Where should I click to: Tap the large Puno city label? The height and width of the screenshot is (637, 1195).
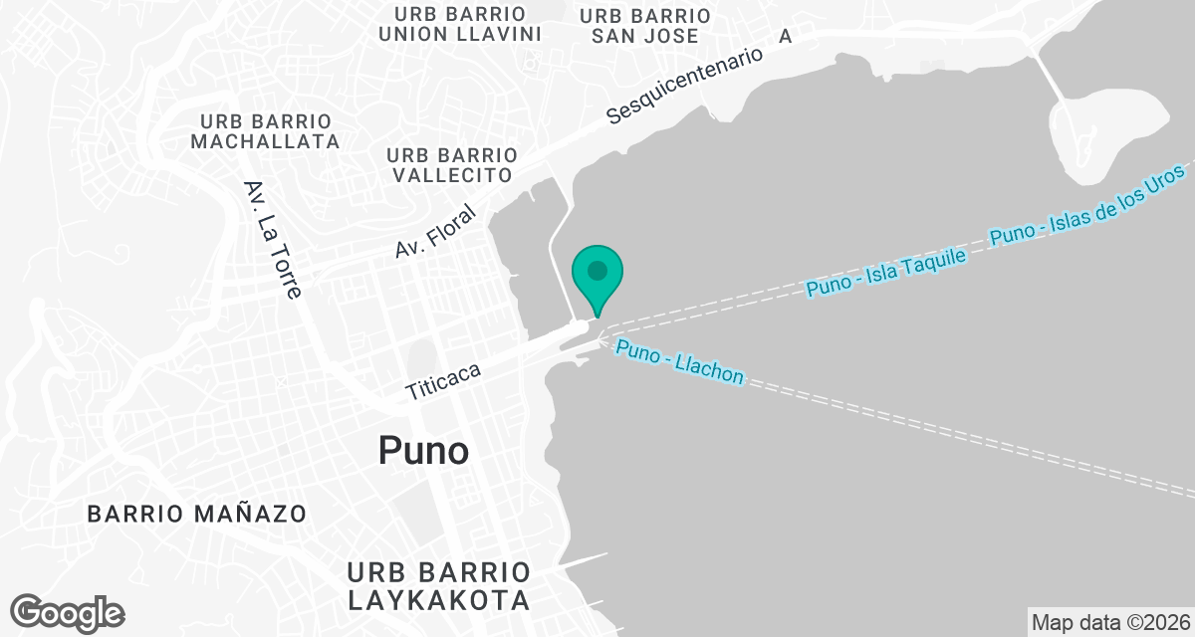[423, 451]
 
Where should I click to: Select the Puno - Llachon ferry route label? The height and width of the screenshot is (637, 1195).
[679, 362]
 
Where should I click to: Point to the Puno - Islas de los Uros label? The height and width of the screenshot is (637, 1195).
[1090, 205]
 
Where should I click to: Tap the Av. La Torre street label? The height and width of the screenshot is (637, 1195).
[272, 240]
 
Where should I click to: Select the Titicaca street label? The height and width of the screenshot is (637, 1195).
[444, 382]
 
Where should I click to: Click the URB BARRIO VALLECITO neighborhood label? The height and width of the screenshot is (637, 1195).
[452, 165]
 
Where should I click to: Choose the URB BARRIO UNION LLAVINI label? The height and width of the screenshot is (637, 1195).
[460, 24]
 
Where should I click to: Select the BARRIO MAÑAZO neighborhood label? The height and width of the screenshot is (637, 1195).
[197, 515]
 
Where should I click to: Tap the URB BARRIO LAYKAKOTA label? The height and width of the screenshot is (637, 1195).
[438, 586]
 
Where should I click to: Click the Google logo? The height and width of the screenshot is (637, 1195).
[68, 612]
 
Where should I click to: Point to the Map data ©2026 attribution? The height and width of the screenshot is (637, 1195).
[1109, 622]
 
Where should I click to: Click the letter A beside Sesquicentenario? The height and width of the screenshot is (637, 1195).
[785, 36]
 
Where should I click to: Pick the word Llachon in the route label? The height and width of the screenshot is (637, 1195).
[710, 370]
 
